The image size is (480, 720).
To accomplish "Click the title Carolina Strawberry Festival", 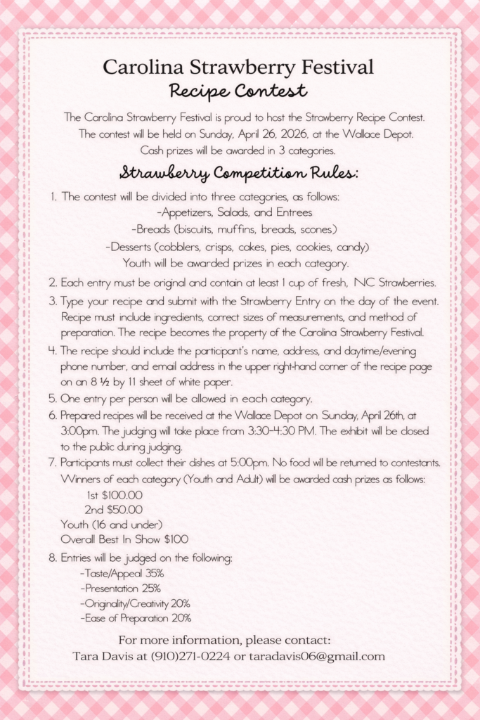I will click(x=238, y=67).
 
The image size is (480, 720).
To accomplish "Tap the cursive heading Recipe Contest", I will click(x=238, y=91).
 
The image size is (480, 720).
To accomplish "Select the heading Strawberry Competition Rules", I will click(x=239, y=173).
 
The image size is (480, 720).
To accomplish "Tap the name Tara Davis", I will click(x=100, y=657).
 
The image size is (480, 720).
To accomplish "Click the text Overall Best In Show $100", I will click(x=124, y=540).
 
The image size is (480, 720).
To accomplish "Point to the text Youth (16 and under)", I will click(x=112, y=525).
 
